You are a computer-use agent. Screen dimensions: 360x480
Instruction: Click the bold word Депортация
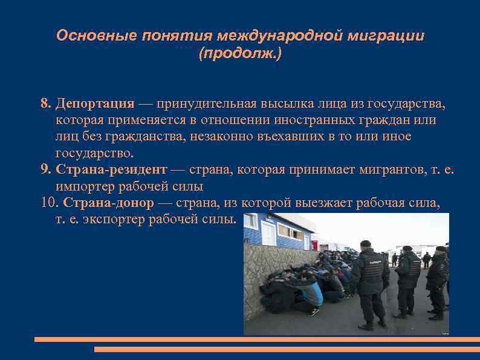pyautogui.click(x=95, y=103)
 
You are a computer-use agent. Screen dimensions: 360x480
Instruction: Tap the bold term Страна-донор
pyautogui.click(x=108, y=203)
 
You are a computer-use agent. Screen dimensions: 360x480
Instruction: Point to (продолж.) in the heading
pyautogui.click(x=240, y=54)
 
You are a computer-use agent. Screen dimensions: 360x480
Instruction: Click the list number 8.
pyautogui.click(x=46, y=103)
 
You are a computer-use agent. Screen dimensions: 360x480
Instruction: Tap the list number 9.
pyautogui.click(x=46, y=170)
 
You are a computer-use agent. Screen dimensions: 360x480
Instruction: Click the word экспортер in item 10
pyautogui.click(x=108, y=219)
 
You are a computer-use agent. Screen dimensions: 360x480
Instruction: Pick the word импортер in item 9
pyautogui.click(x=85, y=186)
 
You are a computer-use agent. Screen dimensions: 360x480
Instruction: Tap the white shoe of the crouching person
pyautogui.click(x=313, y=312)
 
